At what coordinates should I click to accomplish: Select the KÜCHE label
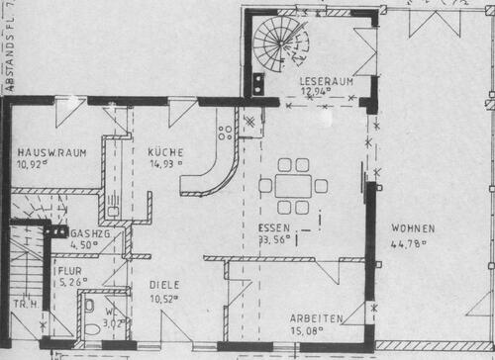pyautogui.click(x=164, y=151)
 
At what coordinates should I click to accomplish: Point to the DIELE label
pyautogui.click(x=164, y=283)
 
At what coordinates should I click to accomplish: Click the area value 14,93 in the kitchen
pyautogui.click(x=165, y=164)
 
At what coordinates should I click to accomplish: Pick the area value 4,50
pyautogui.click(x=86, y=245)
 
